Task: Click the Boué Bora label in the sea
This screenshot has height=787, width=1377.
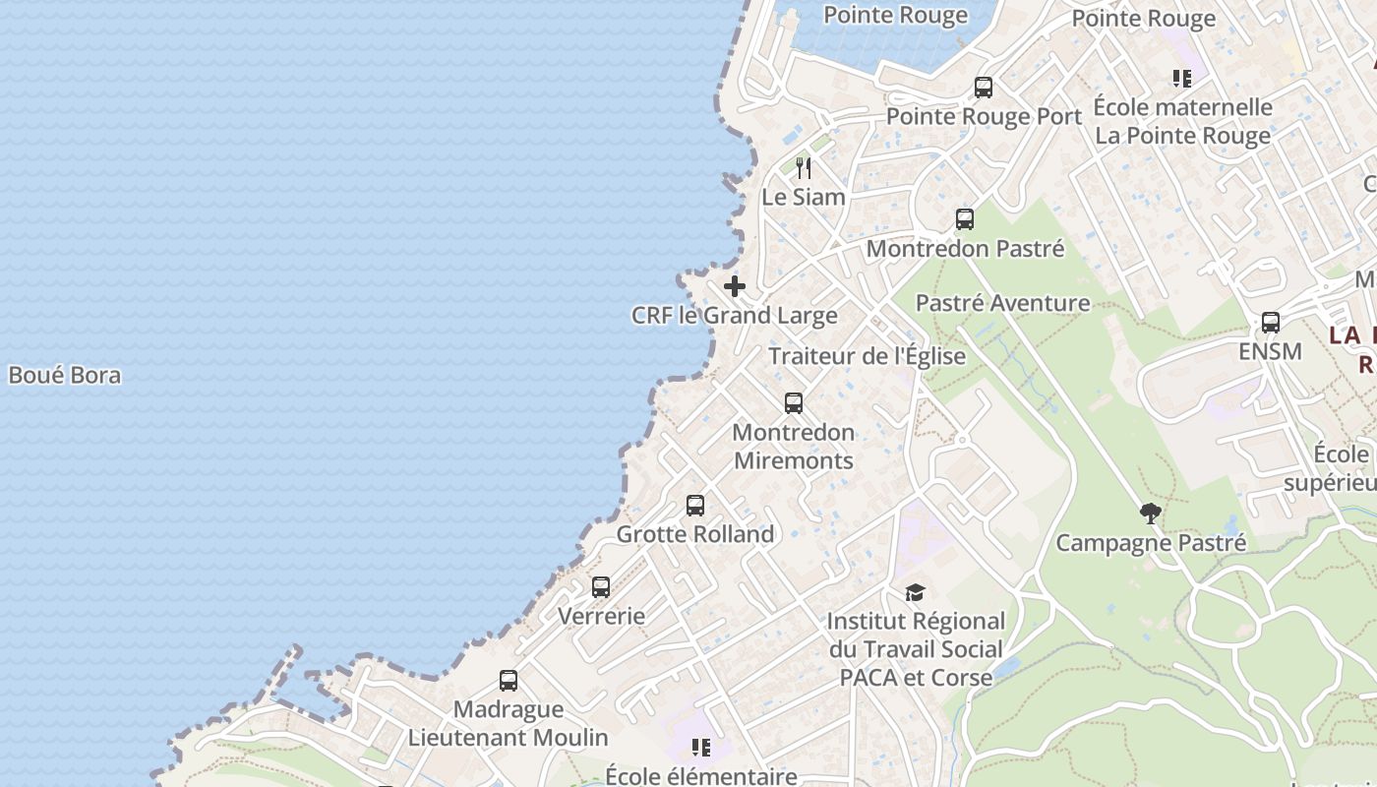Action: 65,375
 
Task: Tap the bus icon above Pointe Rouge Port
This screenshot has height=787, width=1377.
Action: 983,88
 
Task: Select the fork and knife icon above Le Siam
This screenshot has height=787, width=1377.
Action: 804,167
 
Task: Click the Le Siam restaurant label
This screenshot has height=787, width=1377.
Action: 804,197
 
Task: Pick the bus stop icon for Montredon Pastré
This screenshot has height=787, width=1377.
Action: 965,219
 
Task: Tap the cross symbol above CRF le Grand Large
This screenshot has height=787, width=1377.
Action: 735,286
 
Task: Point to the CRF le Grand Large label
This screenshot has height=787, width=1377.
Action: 735,316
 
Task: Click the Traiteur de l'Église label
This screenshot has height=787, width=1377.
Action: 867,356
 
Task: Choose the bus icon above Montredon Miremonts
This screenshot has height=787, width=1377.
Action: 794,403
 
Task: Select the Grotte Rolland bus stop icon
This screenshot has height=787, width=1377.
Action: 695,506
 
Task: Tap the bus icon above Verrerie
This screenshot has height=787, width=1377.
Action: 601,587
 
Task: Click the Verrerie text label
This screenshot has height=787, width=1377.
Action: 601,617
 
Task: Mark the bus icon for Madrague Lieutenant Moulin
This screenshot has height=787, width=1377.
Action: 509,681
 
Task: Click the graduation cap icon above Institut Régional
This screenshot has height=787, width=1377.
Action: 916,592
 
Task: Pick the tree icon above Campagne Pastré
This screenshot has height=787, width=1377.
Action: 1150,513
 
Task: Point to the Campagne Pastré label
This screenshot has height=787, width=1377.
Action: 1151,542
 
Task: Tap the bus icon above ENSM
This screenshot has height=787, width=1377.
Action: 1271,323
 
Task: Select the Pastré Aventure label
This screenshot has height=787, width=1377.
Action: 1002,303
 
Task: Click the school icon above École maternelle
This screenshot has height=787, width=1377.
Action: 1182,79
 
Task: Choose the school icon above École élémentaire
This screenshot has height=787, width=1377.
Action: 701,748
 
